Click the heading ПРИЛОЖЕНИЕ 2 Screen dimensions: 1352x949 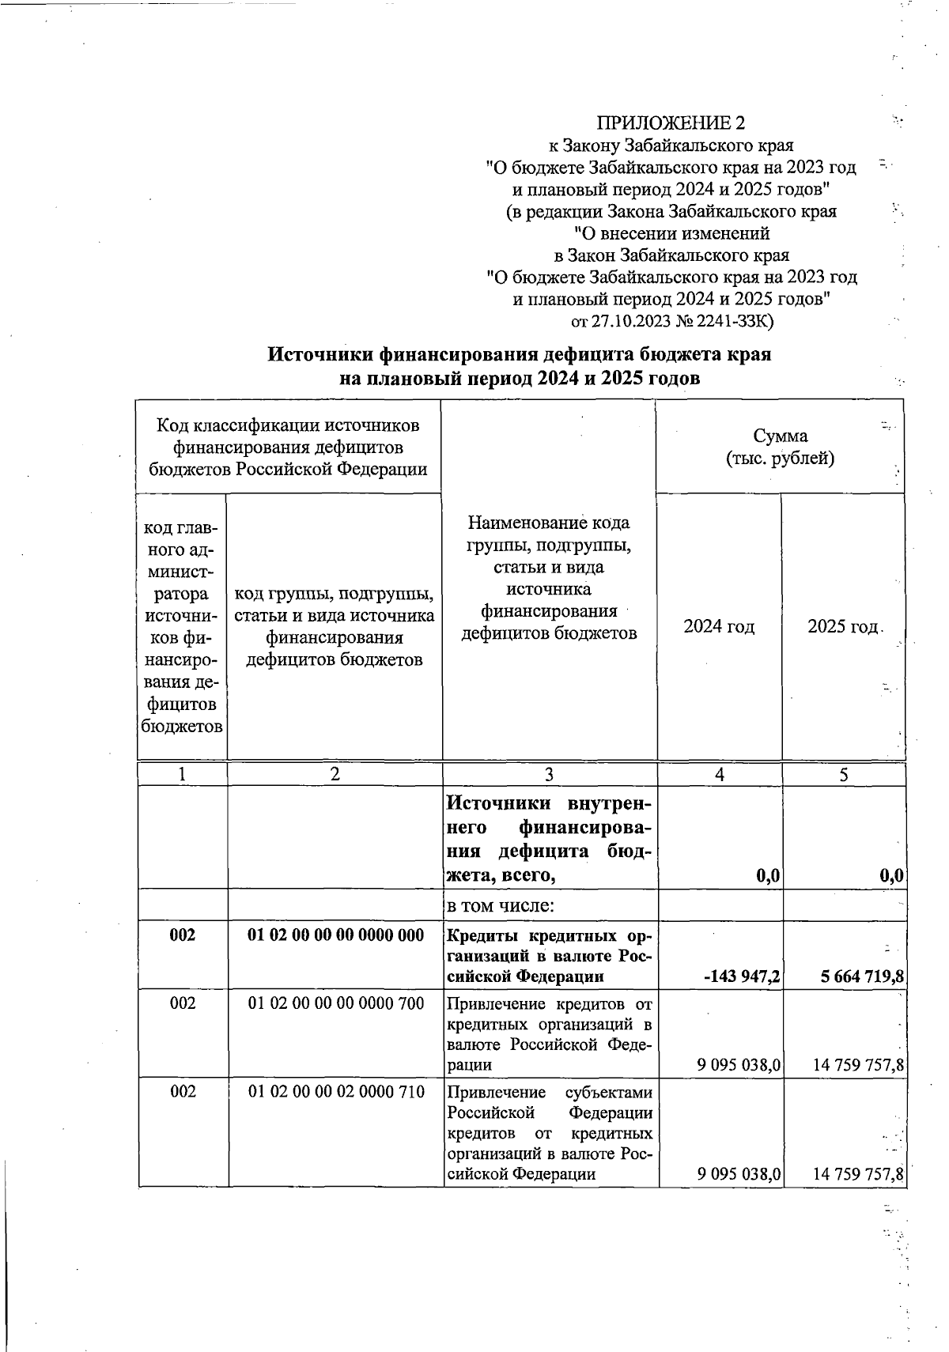(671, 123)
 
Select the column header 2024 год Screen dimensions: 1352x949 (719, 627)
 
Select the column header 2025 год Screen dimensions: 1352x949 (843, 627)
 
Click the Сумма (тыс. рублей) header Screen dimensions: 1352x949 (780, 448)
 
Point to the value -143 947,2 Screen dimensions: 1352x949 (742, 976)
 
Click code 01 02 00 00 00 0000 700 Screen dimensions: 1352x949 (335, 1004)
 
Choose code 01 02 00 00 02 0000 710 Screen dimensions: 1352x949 (335, 1093)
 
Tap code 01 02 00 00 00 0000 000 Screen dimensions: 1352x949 (335, 936)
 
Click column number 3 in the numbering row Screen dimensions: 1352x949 (549, 775)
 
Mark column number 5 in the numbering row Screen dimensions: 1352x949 (844, 775)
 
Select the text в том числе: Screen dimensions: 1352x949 (498, 906)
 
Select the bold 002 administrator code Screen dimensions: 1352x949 (182, 936)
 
